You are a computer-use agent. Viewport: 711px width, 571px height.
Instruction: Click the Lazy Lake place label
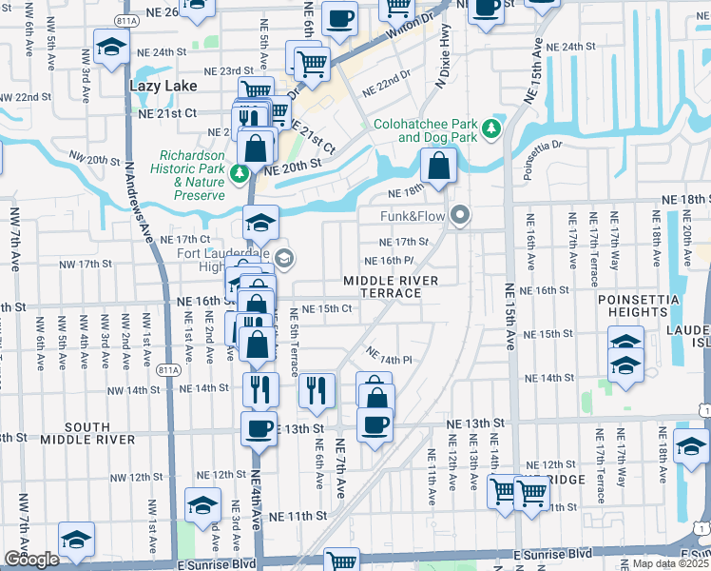click(x=163, y=86)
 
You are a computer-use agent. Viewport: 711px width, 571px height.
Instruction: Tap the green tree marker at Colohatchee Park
click(x=492, y=128)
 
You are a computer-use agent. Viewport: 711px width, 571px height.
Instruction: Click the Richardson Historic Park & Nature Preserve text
click(x=193, y=172)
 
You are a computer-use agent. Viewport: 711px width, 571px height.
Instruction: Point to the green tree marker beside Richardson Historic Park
click(x=241, y=172)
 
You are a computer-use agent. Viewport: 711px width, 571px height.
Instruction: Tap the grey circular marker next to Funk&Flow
click(x=461, y=216)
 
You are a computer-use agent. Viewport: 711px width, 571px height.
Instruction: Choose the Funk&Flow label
click(x=413, y=216)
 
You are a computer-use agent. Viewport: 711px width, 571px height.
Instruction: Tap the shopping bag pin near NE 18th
click(x=436, y=167)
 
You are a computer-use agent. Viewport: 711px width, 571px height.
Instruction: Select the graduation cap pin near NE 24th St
click(x=112, y=48)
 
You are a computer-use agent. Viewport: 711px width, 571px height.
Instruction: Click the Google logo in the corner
click(x=31, y=560)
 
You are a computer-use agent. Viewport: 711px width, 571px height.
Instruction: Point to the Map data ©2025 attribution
click(x=670, y=563)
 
